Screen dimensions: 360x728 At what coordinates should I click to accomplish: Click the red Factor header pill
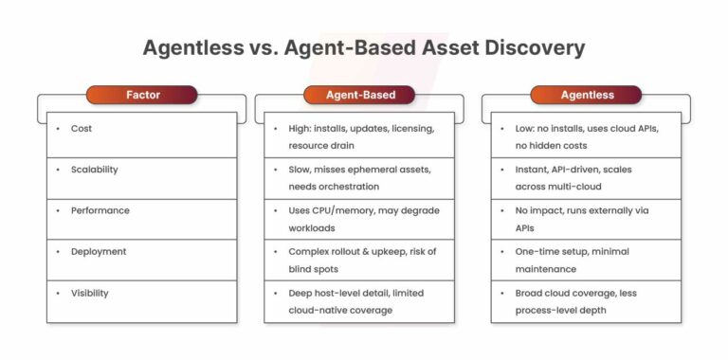coord(141,95)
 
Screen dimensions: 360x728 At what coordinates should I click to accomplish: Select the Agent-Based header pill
coord(361,95)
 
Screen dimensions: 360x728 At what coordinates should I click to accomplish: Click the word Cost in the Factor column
coord(82,128)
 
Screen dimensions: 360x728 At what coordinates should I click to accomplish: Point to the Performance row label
coord(100,210)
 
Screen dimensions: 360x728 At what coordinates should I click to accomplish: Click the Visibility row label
coord(89,293)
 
